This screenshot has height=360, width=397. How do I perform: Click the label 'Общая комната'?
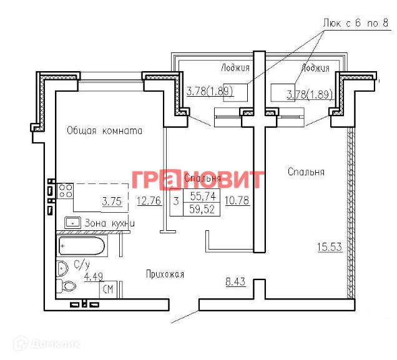point(105,131)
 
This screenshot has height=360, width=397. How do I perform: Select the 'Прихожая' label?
point(165,274)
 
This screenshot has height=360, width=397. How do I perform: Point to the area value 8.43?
point(235,282)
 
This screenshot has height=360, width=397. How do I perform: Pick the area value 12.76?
point(150,201)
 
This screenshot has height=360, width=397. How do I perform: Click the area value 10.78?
point(237,201)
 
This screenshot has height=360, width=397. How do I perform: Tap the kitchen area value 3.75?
point(112,201)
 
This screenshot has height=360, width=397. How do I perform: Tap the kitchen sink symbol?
point(73,222)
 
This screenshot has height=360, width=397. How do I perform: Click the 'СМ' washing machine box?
point(108,289)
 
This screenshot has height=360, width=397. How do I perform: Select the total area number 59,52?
point(202,208)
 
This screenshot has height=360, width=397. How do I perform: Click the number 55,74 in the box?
point(202,197)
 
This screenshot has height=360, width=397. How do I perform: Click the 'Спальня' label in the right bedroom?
point(306,172)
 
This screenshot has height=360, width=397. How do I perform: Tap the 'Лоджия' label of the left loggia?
point(235,67)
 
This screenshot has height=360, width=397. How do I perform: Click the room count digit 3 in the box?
point(176,201)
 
